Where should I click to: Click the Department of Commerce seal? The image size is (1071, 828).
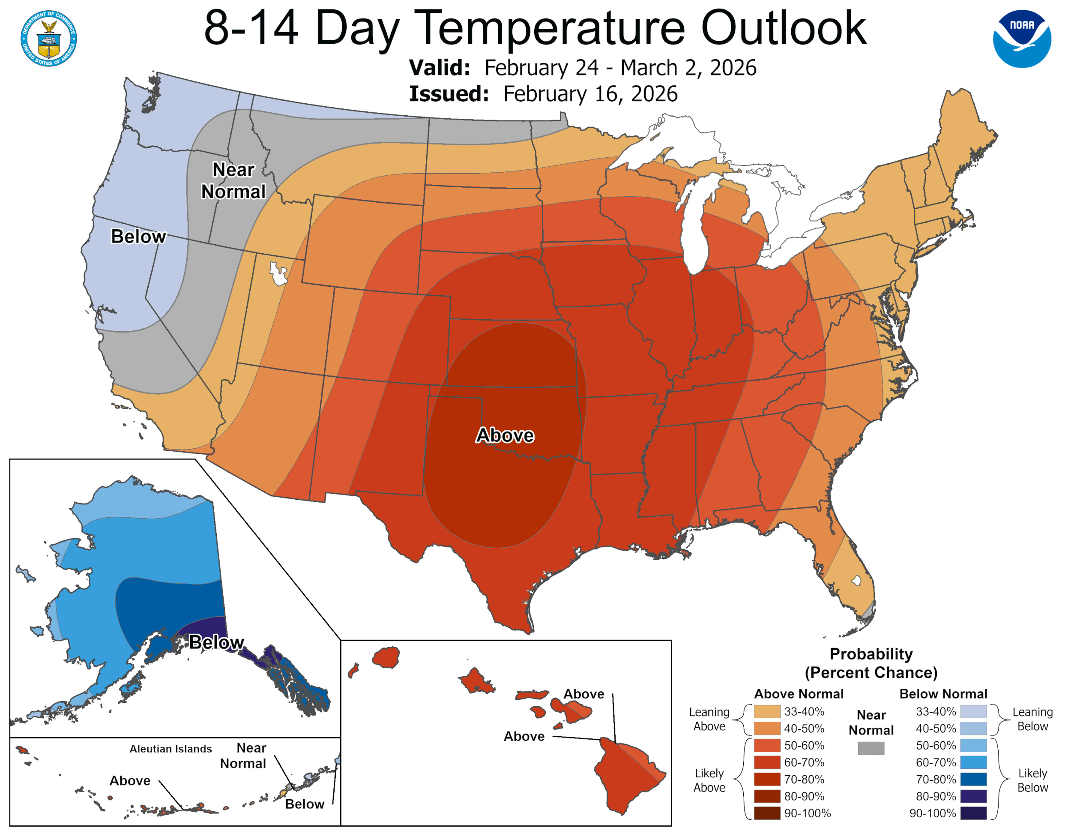point(48,38)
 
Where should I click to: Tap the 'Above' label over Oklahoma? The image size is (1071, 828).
point(505,435)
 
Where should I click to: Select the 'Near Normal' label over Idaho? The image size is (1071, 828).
point(233,180)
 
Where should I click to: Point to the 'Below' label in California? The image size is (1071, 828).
point(138,237)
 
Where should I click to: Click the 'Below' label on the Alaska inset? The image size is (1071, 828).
point(216,642)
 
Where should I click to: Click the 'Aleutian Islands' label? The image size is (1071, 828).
point(171,749)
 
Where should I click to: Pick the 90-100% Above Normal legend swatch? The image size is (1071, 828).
point(767,813)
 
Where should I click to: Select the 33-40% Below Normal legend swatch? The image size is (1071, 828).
point(973,711)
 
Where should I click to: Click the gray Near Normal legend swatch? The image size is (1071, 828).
point(871,748)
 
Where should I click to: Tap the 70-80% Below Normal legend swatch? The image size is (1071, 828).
point(973,779)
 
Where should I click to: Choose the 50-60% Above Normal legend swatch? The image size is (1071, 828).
point(767,745)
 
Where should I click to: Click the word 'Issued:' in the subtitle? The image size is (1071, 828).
point(449,94)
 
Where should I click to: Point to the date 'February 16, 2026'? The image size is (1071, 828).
point(590,94)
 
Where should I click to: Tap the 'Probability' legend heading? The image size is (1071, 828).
point(871,654)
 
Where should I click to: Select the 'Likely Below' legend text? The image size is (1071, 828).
point(1032,780)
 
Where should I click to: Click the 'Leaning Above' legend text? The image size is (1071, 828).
point(709,719)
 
